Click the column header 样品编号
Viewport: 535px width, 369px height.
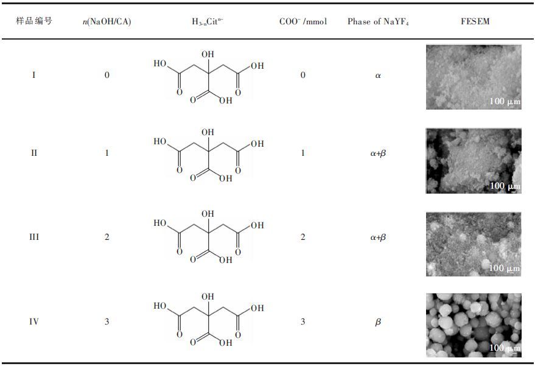coord(34,21)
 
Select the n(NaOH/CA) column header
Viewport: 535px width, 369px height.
coord(107,22)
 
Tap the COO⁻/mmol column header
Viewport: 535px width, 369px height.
coord(302,22)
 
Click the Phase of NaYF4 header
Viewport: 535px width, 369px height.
coord(378,22)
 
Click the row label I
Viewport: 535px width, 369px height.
coord(33,76)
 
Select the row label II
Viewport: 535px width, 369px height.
coord(34,153)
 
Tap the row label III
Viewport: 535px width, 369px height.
coord(34,237)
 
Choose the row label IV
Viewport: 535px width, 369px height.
coord(34,321)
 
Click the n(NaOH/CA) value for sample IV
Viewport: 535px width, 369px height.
coord(107,321)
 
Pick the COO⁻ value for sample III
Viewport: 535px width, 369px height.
coord(302,237)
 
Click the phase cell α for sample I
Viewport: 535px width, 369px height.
coord(378,76)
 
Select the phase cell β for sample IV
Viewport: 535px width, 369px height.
coord(378,322)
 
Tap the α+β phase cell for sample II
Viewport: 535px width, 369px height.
coord(378,153)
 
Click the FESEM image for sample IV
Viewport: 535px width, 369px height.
coord(474,325)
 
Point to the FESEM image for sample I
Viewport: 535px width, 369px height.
coord(474,77)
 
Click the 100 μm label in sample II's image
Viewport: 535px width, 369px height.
coord(505,186)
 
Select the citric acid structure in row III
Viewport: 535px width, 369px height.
coord(209,237)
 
